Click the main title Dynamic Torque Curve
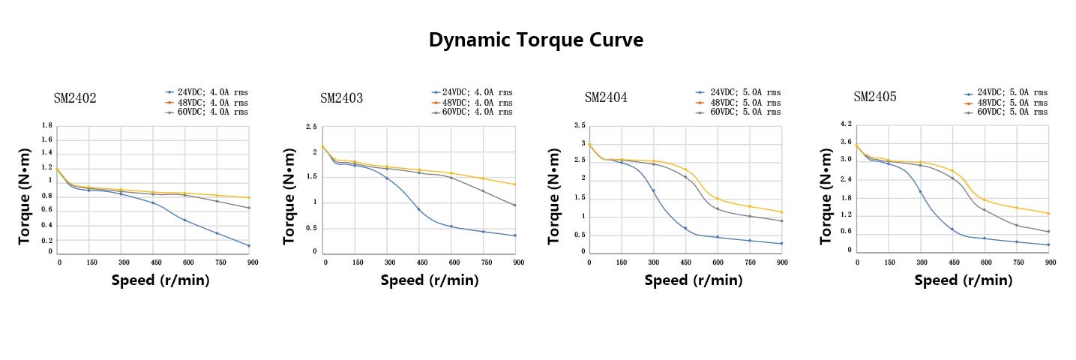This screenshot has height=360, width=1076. pos(535,40)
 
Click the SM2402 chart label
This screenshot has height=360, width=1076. pos(74,98)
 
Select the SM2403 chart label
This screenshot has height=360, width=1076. pos(341,98)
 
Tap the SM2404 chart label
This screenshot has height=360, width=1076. pos(606,97)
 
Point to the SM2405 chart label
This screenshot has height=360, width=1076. pos(874,97)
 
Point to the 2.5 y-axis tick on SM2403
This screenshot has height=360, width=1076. pos(310,127)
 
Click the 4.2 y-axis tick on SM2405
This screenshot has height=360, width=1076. pos(846,124)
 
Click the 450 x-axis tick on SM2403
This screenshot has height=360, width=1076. pos(421,262)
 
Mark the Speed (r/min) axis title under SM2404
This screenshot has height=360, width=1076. pos(694,280)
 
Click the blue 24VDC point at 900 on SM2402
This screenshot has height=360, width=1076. pos(248,245)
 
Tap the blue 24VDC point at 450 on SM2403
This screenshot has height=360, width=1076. pos(418,209)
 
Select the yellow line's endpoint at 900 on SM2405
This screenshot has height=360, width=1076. pos(1048,214)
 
